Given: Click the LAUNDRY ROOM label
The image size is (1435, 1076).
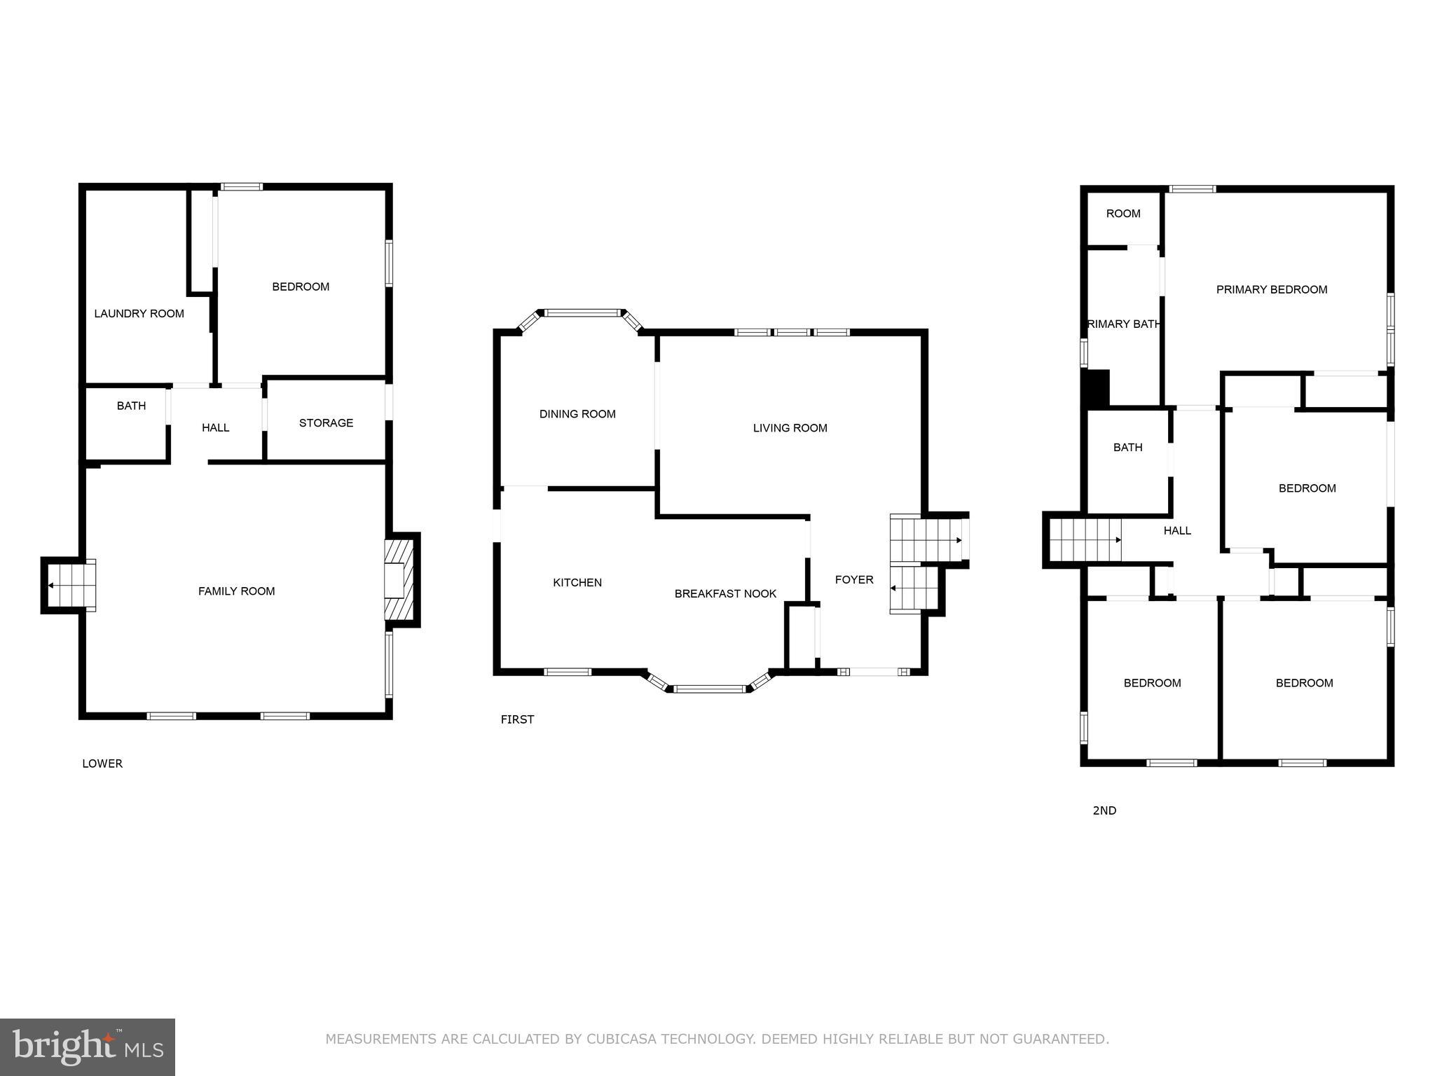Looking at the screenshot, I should point(139,314).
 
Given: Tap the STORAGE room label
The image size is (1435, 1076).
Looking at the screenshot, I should point(326,423).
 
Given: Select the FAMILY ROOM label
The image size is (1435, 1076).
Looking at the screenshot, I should point(236,591).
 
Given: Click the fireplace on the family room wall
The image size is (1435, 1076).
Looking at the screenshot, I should point(399,579).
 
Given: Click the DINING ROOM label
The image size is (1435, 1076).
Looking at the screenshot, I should point(577,414).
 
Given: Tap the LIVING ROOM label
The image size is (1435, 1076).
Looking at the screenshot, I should point(790,428).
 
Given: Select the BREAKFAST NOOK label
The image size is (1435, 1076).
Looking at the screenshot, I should point(725,594).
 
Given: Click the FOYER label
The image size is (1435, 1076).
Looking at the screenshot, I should point(853,580).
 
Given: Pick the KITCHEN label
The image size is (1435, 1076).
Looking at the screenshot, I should point(577,583).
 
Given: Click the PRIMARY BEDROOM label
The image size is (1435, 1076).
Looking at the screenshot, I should point(1271,290).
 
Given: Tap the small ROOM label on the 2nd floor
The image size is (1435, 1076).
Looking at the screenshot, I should point(1122,214).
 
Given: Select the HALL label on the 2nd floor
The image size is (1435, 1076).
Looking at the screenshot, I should point(1177,531).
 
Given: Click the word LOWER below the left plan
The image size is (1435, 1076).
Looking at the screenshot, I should point(102,764).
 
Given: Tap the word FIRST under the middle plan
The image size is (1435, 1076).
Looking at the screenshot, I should point(517,719).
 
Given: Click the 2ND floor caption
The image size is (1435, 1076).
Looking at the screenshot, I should point(1104,811).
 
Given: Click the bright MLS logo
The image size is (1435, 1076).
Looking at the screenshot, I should point(88,1047).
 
